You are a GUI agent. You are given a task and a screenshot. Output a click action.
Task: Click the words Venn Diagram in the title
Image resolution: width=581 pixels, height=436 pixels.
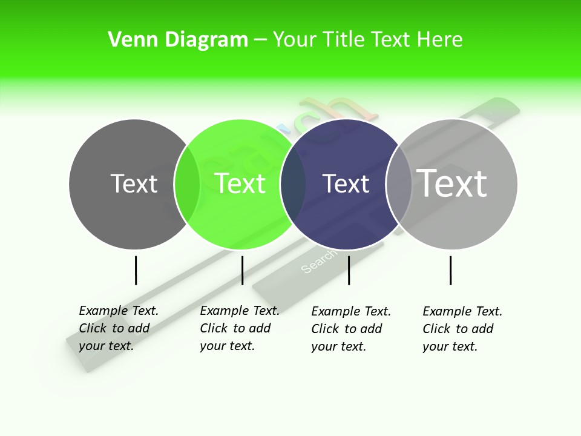(x=178, y=40)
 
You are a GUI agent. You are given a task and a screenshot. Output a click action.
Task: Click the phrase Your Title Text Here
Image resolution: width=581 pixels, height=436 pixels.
(x=367, y=40)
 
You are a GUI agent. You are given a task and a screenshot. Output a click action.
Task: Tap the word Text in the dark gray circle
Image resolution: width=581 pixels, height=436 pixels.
(x=134, y=183)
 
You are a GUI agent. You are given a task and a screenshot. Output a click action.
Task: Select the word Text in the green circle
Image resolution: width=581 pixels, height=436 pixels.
(x=240, y=183)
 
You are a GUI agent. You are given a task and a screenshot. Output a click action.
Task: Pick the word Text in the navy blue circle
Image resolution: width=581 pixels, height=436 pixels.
(x=346, y=183)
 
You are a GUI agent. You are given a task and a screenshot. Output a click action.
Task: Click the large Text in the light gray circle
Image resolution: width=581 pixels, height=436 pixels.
(x=452, y=183)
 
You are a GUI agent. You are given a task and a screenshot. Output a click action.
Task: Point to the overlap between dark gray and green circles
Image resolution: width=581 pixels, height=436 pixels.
(x=187, y=184)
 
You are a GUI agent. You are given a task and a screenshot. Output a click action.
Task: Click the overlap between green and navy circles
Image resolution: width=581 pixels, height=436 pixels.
(x=293, y=184)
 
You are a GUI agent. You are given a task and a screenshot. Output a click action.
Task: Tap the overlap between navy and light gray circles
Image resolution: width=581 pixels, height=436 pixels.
(x=399, y=184)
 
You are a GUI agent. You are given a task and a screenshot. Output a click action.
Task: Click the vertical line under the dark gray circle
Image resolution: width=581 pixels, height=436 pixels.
(x=136, y=270)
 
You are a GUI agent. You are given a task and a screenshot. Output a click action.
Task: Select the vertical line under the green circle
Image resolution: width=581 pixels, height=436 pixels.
(x=242, y=270)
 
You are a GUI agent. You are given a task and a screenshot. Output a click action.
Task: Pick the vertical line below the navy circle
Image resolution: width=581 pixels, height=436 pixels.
(x=349, y=270)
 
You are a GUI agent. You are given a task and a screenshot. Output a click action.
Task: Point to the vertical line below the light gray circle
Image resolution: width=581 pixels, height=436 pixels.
(x=450, y=270)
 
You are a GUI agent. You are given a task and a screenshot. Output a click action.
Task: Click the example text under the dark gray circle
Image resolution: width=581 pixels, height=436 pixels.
(x=118, y=328)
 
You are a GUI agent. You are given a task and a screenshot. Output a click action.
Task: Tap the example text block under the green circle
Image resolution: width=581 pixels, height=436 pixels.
(x=239, y=328)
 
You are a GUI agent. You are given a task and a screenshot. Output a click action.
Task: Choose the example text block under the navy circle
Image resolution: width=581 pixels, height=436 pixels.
(x=350, y=329)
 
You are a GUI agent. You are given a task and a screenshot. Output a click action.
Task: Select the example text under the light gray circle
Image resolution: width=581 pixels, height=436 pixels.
(x=462, y=329)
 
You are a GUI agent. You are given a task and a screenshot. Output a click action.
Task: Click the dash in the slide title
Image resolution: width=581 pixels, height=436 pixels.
(x=260, y=41)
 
